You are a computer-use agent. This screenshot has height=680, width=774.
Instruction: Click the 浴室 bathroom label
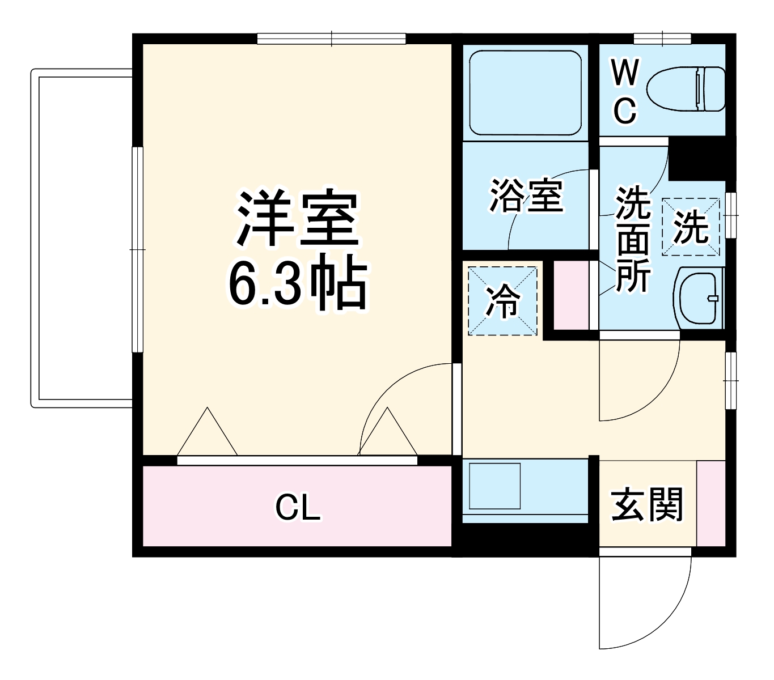pyautogui.click(x=526, y=196)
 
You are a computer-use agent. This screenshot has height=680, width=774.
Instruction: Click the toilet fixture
pyautogui.click(x=686, y=89)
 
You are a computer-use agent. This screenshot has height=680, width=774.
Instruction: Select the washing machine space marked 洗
pyautogui.click(x=691, y=227)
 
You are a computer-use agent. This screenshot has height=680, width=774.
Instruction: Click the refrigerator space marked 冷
pyautogui.click(x=502, y=300)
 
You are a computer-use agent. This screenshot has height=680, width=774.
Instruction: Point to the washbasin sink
pyautogui.click(x=700, y=297)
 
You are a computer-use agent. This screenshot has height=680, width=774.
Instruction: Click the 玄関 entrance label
pyautogui.click(x=647, y=504)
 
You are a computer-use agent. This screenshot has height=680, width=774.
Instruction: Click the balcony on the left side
pyautogui.click(x=82, y=238)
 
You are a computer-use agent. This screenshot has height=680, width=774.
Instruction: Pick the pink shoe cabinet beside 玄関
pyautogui.click(x=711, y=504)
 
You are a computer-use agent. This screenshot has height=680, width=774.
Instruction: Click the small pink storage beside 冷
pyautogui.click(x=571, y=295)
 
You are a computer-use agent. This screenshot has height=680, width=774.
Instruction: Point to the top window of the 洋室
pyautogui.click(x=332, y=39)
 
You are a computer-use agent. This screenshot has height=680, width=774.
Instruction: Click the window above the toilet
pyautogui.click(x=662, y=39)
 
